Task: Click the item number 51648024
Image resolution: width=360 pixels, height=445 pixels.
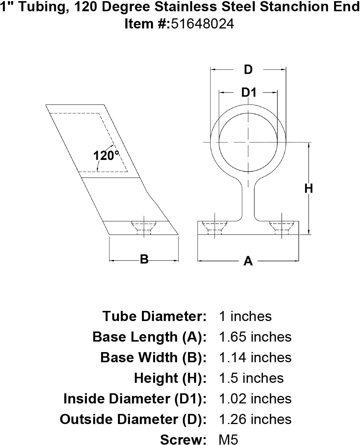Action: (203, 24)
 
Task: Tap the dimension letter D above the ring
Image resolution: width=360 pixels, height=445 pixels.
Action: (248, 70)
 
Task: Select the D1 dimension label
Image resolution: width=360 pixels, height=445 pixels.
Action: (249, 93)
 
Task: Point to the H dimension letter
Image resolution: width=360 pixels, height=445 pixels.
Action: (309, 188)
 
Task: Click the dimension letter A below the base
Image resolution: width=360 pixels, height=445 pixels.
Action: (248, 261)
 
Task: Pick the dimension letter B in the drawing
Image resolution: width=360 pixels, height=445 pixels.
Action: (144, 259)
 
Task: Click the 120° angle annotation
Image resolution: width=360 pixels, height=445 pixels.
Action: (106, 155)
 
